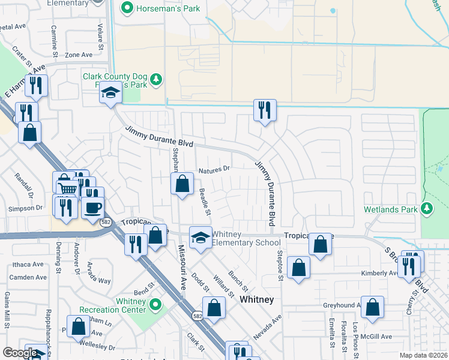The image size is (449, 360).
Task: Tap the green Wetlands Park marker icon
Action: (x=427, y=209)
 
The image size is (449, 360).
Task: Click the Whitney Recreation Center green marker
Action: (x=156, y=305)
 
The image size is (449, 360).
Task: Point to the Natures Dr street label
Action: (x=214, y=169)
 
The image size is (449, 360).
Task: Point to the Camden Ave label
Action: (x=28, y=277)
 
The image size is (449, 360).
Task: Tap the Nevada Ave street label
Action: (x=267, y=328)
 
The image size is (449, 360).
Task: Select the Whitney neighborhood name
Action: (x=256, y=299)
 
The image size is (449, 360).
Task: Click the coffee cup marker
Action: (x=92, y=208)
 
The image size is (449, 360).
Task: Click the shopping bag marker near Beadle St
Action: (x=182, y=183)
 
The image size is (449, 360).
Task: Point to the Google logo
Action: (x=20, y=353)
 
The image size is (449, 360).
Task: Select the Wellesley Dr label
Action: (x=98, y=347)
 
